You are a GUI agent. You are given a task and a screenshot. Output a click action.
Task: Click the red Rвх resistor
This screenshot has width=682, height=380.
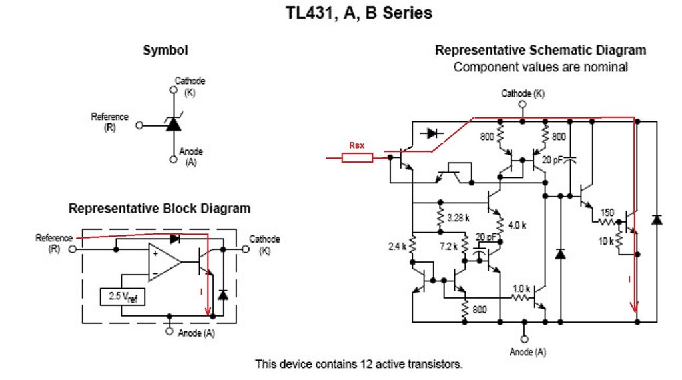(357, 158)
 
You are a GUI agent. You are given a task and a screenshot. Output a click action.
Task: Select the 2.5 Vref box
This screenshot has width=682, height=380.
(122, 295)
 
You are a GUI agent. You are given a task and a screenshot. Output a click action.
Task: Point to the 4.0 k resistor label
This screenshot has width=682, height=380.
(517, 225)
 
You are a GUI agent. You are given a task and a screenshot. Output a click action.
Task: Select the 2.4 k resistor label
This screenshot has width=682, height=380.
(398, 247)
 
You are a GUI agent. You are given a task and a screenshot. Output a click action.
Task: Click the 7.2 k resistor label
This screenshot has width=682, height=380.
(450, 247)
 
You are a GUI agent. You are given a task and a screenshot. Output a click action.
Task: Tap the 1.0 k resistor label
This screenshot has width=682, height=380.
(521, 289)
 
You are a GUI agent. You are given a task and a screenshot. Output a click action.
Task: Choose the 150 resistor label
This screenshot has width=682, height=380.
(607, 213)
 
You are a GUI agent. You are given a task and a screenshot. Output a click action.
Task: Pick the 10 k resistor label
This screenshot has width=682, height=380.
(605, 241)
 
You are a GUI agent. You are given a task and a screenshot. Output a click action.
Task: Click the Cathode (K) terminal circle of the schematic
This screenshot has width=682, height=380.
(522, 105)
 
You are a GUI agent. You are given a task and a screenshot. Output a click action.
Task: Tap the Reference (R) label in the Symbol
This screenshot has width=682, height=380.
(110, 121)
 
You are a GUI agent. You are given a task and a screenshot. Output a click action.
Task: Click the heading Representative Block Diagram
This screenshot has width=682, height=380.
(160, 209)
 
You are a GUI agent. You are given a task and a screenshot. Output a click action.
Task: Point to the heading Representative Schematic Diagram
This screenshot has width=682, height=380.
(540, 51)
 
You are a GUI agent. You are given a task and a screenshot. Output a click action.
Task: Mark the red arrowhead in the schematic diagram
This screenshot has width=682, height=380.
(635, 307)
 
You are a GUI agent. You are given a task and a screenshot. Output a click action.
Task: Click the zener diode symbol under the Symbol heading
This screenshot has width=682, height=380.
(172, 123)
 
